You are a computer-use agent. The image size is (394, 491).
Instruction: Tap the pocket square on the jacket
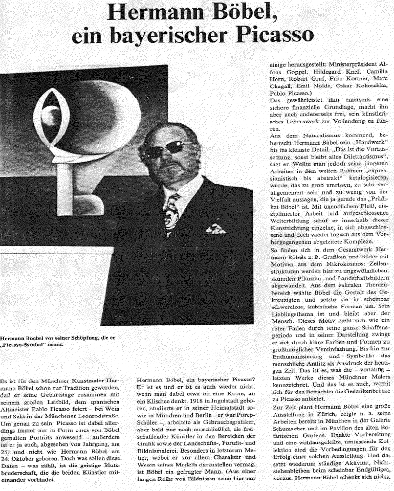(215, 228)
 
